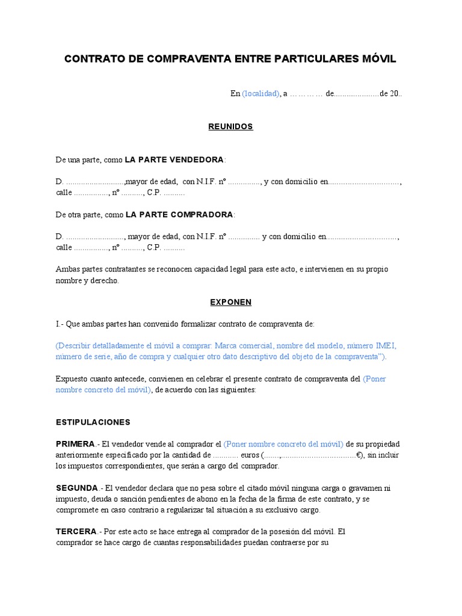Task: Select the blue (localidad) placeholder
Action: (x=260, y=94)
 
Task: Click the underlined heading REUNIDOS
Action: (x=230, y=127)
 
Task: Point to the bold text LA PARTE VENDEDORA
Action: (x=174, y=160)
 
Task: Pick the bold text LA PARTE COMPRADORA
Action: (x=179, y=215)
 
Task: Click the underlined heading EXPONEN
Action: (x=230, y=302)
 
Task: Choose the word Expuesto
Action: (x=73, y=379)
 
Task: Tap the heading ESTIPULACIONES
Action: (x=93, y=422)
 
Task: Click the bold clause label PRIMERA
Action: (x=75, y=444)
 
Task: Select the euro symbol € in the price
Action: (x=359, y=455)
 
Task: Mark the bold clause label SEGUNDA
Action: (x=76, y=488)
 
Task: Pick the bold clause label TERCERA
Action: (x=76, y=532)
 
